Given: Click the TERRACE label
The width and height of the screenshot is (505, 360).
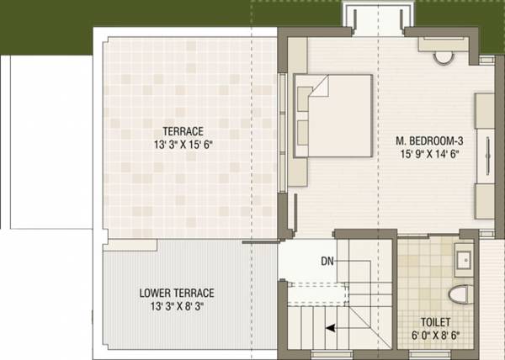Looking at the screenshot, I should (183, 131).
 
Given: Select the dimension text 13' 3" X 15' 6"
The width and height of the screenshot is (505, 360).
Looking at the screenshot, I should (183, 145).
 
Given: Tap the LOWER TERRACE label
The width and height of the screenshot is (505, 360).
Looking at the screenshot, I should (177, 293).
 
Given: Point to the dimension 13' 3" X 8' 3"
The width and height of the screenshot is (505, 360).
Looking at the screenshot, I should (177, 306).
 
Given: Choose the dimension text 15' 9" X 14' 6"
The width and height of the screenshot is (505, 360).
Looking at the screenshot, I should (427, 154).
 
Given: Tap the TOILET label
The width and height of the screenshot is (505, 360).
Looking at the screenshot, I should (436, 321).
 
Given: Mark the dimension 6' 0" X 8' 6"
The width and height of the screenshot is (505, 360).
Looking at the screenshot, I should (436, 335).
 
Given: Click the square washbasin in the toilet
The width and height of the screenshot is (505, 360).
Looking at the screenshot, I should (464, 258).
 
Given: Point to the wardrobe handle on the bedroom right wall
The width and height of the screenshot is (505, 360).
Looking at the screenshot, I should (486, 152).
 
